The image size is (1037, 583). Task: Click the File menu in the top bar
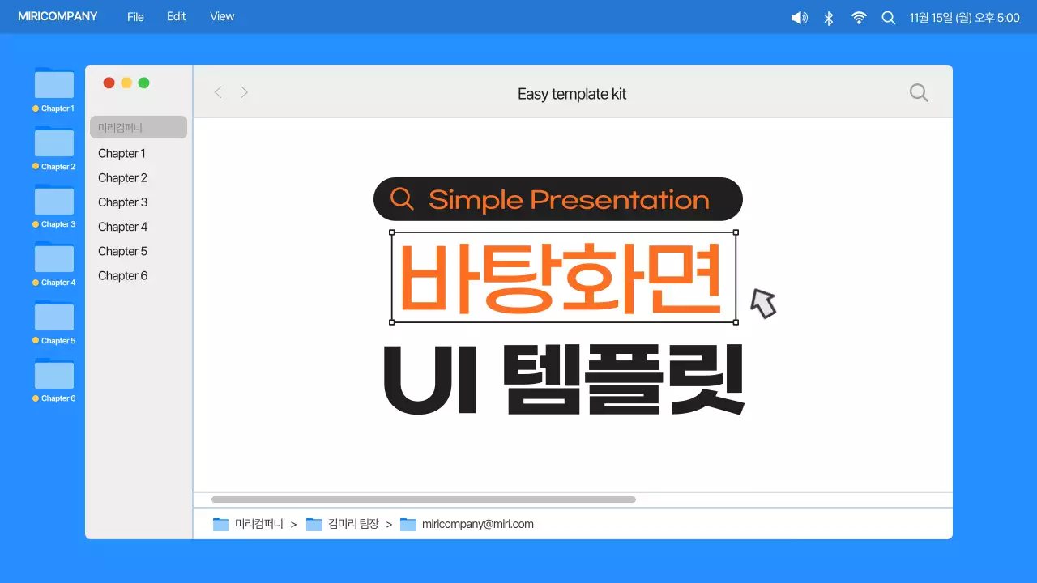135,17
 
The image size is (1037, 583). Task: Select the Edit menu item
177,17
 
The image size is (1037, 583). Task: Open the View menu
222,17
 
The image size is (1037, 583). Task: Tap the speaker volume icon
799,18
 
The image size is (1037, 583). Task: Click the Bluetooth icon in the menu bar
829,18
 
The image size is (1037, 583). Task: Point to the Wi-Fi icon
859,18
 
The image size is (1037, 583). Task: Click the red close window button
109,83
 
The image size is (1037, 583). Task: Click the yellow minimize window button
126,83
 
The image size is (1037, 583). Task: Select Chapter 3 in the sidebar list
123,202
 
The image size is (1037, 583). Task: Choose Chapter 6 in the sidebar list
123,276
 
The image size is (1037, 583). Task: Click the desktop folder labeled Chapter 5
54,317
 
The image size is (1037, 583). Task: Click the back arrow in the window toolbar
218,93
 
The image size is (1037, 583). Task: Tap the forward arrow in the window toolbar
244,93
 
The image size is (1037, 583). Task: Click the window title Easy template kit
572,94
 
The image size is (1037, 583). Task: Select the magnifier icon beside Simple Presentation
402,198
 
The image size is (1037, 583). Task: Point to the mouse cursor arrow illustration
762,303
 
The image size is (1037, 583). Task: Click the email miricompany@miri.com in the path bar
477,524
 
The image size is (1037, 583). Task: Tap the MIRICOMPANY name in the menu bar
58,17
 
